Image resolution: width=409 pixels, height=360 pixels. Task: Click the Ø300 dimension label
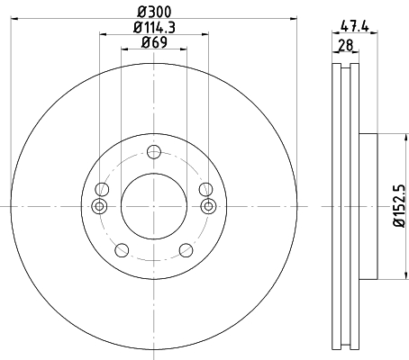[x=154, y=12]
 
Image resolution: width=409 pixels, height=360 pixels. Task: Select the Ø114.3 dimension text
[x=154, y=28]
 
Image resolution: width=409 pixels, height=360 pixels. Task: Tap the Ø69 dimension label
[x=154, y=42]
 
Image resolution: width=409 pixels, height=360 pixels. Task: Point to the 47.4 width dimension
[x=355, y=27]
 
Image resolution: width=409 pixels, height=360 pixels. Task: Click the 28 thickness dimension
[x=346, y=46]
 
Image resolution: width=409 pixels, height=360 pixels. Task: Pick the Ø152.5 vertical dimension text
[x=399, y=206]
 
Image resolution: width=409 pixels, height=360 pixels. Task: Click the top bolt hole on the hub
[x=154, y=152]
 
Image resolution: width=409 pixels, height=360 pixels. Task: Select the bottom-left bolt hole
[x=122, y=250]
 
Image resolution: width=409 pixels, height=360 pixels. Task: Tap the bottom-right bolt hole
[x=186, y=250]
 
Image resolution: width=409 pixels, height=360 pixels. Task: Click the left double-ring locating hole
[x=99, y=206]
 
